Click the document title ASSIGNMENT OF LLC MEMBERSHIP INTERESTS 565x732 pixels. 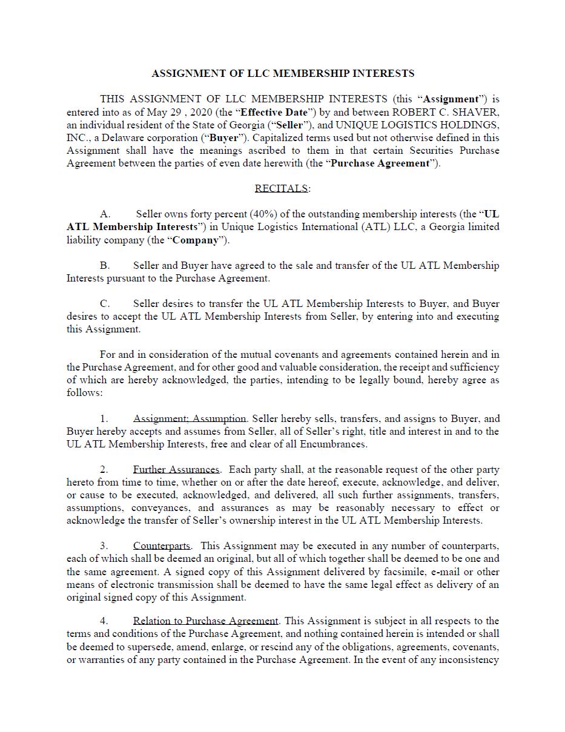tap(283, 73)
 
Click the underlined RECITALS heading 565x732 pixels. tap(282, 188)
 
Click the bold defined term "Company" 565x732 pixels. tap(194, 240)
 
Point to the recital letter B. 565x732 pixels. tap(105, 265)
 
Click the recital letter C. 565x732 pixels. tap(105, 303)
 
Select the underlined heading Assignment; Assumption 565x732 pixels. tap(190, 418)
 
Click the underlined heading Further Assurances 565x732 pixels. tap(176, 469)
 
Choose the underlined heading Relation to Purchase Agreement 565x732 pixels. tap(205, 621)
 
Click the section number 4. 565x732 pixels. tap(104, 621)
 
